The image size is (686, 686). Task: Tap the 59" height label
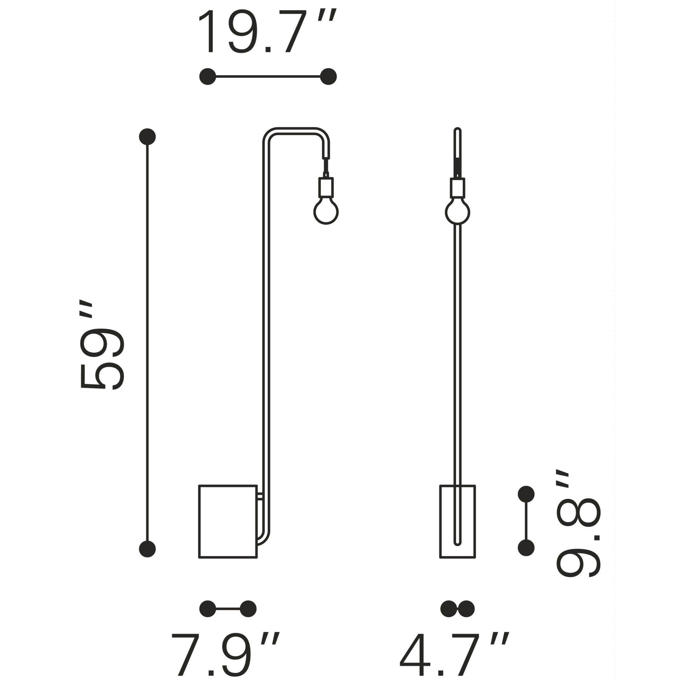coord(102,346)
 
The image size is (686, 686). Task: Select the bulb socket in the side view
coord(326,187)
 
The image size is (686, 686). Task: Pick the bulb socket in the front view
coord(458,187)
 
